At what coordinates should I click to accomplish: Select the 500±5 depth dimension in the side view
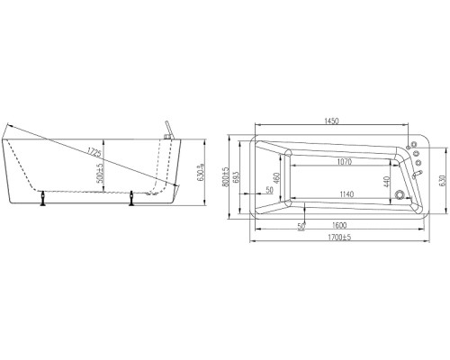coord(100,172)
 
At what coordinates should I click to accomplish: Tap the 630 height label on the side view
coord(201,173)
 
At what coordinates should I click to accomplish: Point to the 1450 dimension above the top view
coord(331,121)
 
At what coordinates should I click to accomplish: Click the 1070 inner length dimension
coord(345,162)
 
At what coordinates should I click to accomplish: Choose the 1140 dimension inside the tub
coord(346,194)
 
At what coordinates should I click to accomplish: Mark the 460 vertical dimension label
coord(277,178)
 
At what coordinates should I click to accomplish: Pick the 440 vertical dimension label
coord(386,182)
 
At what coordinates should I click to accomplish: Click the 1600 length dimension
coord(339,225)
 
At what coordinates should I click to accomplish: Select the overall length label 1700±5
coord(339,238)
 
